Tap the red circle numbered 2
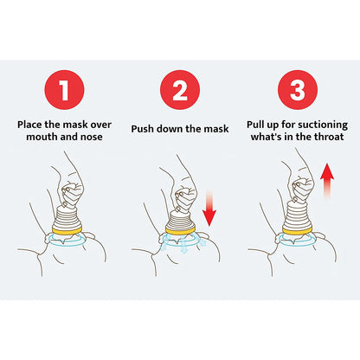pos(179,90)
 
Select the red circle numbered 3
pos(297,90)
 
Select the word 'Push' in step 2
pos(145,129)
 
